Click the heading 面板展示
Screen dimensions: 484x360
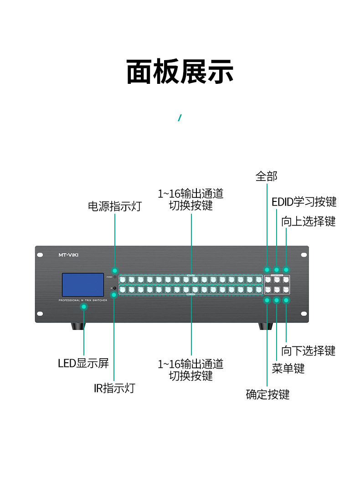[x=180, y=72]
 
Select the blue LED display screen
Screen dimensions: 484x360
[x=83, y=285]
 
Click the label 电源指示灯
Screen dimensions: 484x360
[x=115, y=206]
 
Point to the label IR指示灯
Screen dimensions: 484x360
[x=114, y=388]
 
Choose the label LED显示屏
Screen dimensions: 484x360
[x=83, y=363]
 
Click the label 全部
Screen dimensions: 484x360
[x=266, y=176]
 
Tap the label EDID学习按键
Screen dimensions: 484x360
[x=304, y=201]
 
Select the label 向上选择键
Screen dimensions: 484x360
[x=309, y=221]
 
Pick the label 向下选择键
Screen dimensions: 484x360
[x=309, y=350]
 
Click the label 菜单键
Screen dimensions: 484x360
[x=288, y=368]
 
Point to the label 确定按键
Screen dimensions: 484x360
[x=267, y=394]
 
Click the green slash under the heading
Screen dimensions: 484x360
[x=180, y=118]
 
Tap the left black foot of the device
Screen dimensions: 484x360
[x=77, y=326]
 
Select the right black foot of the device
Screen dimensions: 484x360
[x=266, y=326]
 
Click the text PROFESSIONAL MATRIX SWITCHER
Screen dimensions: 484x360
[x=83, y=301]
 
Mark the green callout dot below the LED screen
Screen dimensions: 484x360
[x=84, y=307]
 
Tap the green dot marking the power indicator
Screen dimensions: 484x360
[x=115, y=271]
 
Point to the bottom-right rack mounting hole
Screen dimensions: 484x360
[x=303, y=314]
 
